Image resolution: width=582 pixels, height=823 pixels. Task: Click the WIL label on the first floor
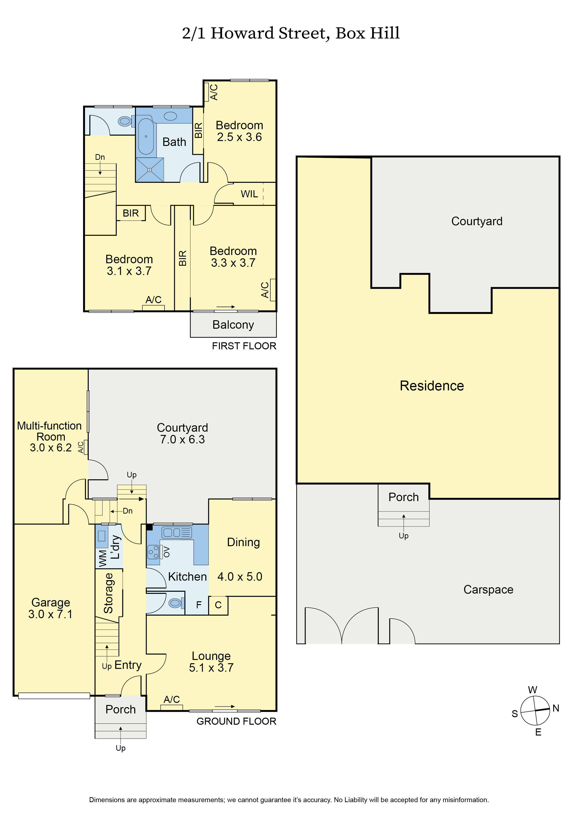(x=249, y=194)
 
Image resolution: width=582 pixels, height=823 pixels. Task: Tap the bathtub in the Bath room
(x=146, y=136)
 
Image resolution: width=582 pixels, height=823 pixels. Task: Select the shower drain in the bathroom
(x=149, y=170)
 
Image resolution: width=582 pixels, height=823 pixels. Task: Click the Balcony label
(x=233, y=325)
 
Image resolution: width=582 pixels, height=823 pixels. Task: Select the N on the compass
(x=556, y=708)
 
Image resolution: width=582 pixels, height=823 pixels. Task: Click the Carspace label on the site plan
(x=488, y=590)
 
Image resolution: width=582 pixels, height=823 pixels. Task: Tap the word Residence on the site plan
(x=432, y=386)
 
